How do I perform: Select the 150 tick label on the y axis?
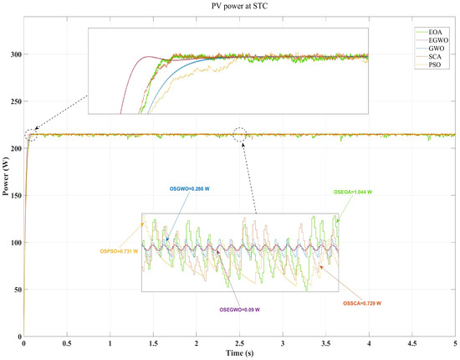[14, 195]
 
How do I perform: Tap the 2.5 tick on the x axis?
[239, 343]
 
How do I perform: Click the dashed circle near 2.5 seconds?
[241, 134]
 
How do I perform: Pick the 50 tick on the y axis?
[17, 290]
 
